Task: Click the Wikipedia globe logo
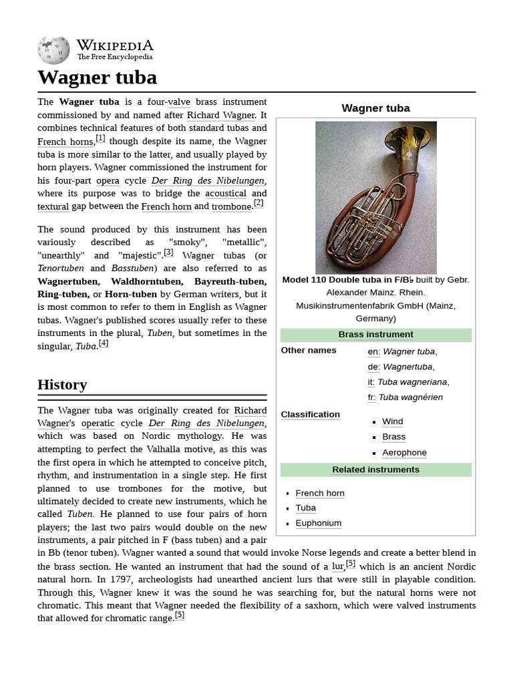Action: [x=54, y=51]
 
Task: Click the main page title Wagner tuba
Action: [x=98, y=77]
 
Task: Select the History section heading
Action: [x=62, y=385]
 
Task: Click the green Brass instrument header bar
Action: [x=375, y=335]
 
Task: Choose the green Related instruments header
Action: [x=375, y=470]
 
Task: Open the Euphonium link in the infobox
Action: [x=318, y=523]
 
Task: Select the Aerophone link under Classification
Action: [x=404, y=452]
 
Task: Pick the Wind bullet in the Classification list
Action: [x=392, y=421]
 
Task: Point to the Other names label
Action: [x=309, y=350]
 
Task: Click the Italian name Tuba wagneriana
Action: [x=413, y=382]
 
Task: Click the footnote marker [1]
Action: [x=100, y=138]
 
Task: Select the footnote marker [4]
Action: [x=104, y=343]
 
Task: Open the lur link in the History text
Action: [x=338, y=566]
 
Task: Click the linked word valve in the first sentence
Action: [x=178, y=102]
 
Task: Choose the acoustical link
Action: [x=226, y=194]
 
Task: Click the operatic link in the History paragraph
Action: [x=98, y=423]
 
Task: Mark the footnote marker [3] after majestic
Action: [x=168, y=252]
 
